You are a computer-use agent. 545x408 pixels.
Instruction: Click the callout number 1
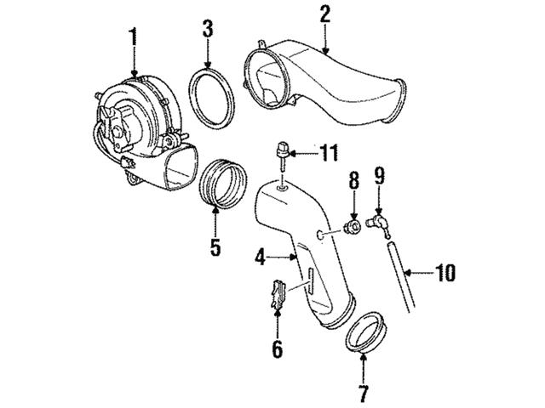coord(132,36)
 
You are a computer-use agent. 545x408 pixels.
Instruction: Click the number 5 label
coord(215,247)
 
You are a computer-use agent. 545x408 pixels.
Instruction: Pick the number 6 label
coord(277,348)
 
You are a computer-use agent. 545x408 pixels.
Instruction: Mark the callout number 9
coord(379,176)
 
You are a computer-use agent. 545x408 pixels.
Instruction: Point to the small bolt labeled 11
coord(279,157)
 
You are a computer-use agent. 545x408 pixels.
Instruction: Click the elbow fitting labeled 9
coord(378,222)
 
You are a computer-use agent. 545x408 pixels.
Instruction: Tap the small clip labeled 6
coord(276,295)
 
